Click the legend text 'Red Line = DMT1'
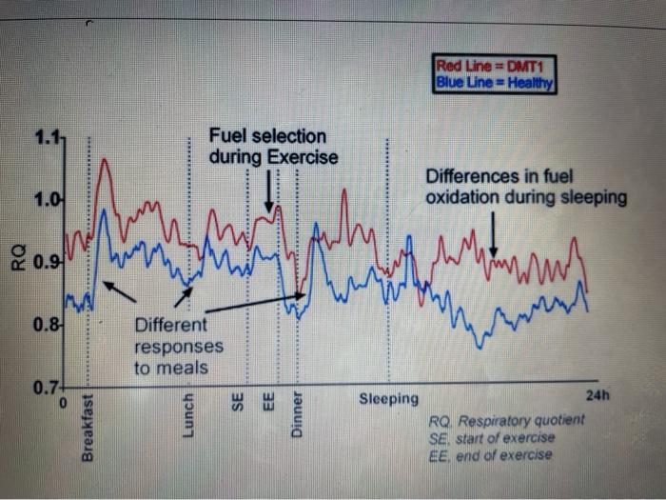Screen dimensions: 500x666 494,67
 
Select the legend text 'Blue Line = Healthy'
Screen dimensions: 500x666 494,82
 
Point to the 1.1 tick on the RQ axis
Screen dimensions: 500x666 47,139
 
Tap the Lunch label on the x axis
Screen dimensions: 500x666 187,416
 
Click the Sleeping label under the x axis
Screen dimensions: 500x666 388,398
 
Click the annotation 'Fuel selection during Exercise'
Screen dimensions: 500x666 273,147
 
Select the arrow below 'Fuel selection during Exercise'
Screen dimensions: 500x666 270,190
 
